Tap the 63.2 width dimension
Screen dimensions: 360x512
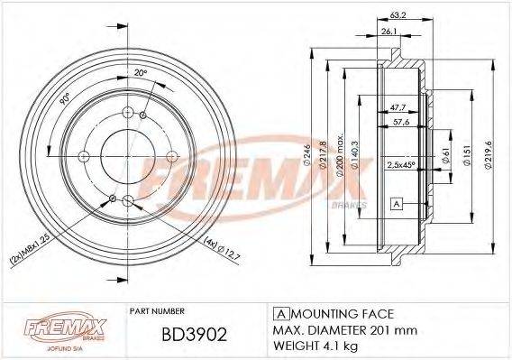[x=398, y=14]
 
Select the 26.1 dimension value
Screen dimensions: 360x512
[x=389, y=32]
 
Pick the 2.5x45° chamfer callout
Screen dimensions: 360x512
[x=400, y=166]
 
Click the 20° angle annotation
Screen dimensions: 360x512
[x=141, y=74]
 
